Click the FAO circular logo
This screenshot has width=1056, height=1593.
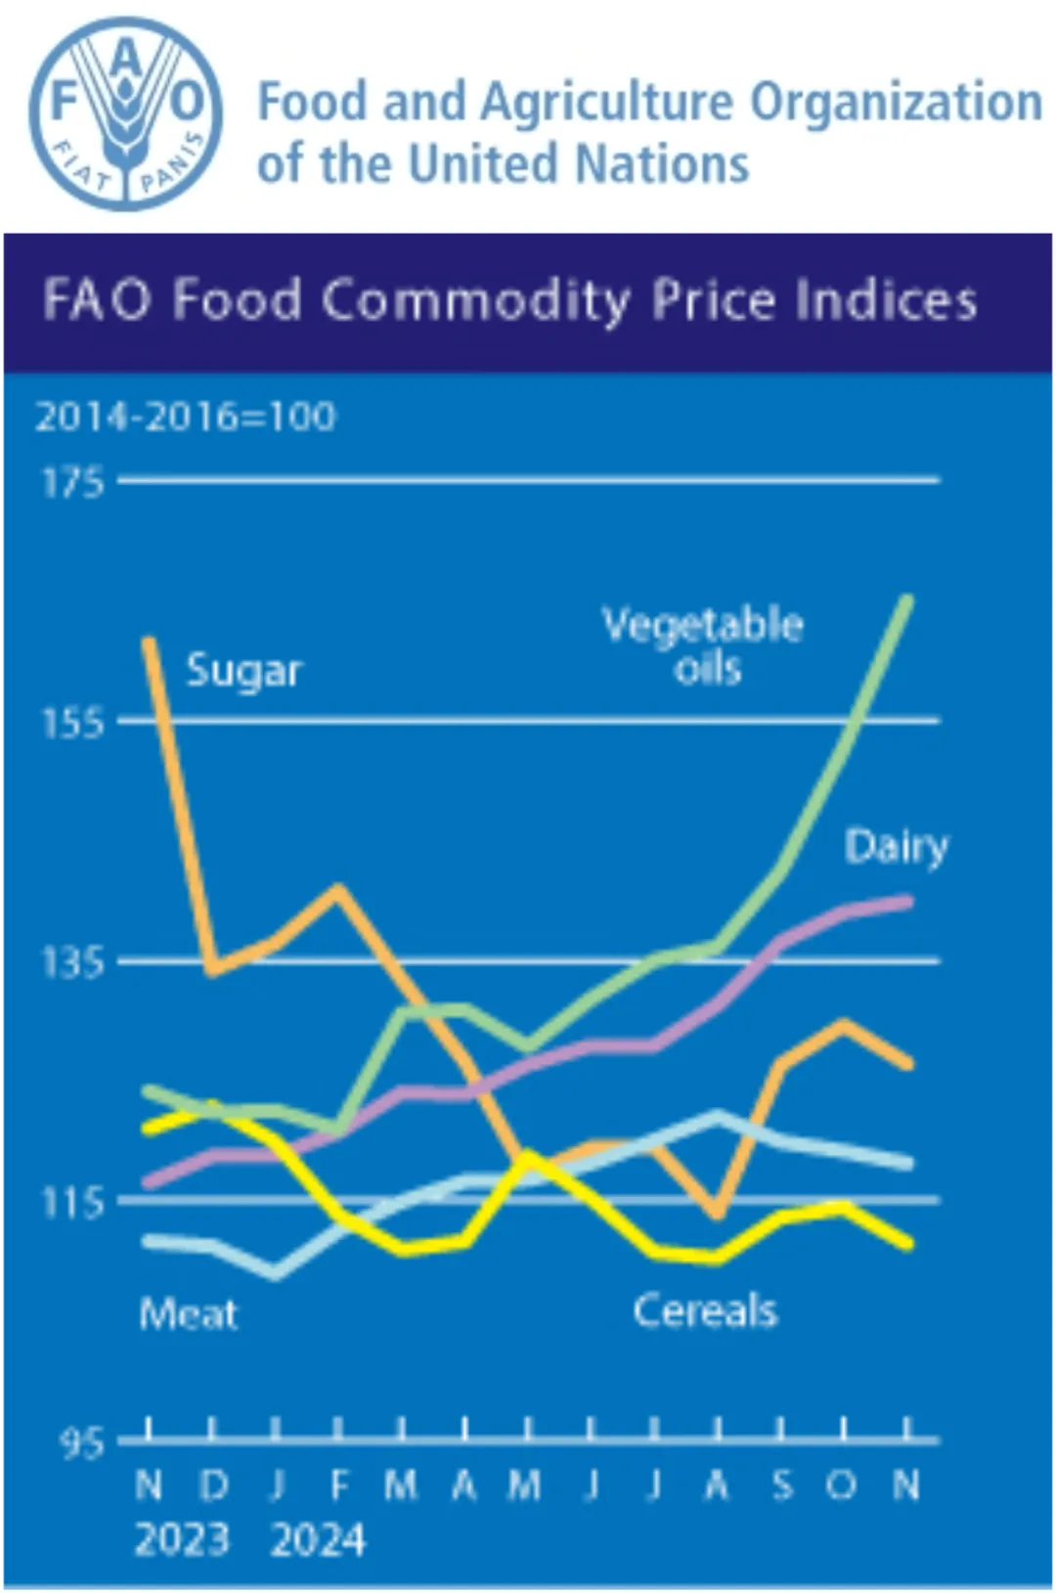126,114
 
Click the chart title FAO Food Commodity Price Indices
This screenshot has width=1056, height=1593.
509,300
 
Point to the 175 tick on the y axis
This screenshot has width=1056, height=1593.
71,482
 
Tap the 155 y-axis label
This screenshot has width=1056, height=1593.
71,723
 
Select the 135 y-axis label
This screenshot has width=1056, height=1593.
71,963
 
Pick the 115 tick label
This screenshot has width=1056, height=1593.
71,1203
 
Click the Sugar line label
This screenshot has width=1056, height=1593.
243,671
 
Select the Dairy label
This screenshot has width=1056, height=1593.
896,847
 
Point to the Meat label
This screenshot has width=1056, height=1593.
188,1313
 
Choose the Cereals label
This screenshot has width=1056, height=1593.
705,1310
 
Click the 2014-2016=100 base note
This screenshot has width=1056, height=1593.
186,418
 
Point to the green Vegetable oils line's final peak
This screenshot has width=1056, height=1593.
908,598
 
